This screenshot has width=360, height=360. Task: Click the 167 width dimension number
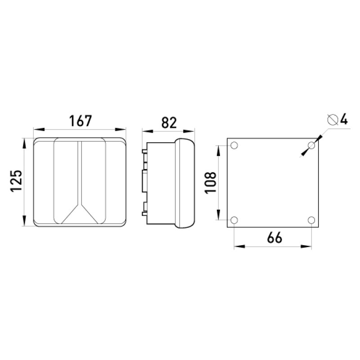(81, 121)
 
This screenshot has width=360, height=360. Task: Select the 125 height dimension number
(16, 180)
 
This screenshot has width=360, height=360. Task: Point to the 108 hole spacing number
(210, 183)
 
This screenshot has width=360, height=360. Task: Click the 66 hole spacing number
(274, 238)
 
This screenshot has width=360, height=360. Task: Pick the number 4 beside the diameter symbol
(344, 120)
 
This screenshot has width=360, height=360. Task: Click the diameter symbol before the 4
(333, 120)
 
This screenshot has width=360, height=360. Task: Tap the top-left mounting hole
(234, 145)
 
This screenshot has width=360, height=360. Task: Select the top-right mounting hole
(311, 145)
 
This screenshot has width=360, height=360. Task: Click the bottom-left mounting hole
(234, 220)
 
